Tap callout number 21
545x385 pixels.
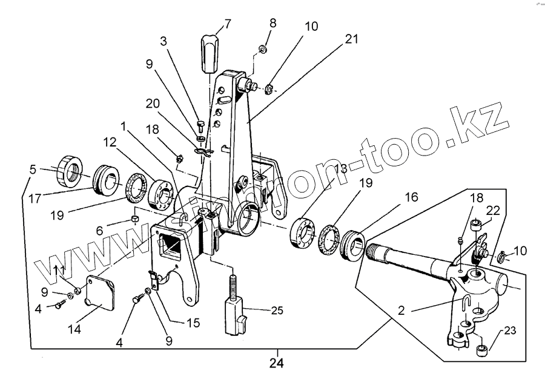coord(351,39)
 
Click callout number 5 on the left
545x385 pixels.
coord(33,169)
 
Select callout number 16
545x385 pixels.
coord(411,198)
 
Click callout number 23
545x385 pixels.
coord(510,331)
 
